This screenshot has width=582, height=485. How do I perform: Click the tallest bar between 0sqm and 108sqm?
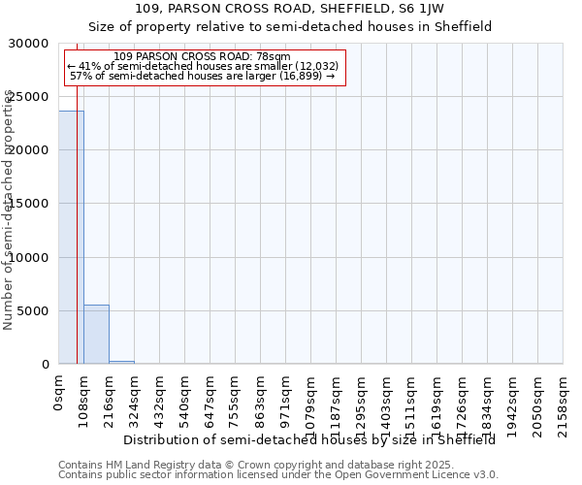click(x=71, y=238)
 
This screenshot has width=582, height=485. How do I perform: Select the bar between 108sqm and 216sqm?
click(x=96, y=335)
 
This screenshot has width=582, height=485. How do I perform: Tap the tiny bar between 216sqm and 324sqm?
click(x=121, y=362)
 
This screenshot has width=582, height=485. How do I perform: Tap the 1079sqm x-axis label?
click(x=311, y=398)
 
